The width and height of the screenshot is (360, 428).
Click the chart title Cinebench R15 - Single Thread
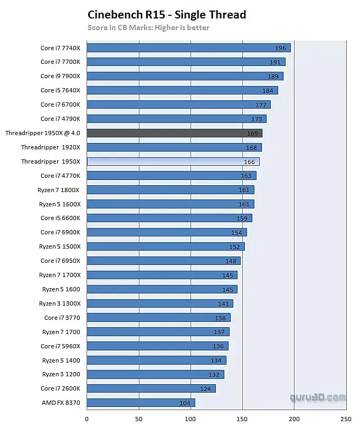coord(167,14)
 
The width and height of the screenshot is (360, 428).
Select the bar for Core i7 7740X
coord(188,48)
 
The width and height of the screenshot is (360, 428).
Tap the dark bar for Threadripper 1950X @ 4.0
coord(174,133)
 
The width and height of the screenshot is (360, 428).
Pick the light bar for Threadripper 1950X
coord(173,161)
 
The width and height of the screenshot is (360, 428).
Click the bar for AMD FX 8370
coord(140,403)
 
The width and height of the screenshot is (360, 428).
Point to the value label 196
coord(280,48)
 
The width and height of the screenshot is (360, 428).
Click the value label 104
coord(185,403)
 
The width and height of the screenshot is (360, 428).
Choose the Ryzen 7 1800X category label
coord(60,189)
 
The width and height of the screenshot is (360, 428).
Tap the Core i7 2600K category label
coord(60,388)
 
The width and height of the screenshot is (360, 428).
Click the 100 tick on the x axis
coord(191,420)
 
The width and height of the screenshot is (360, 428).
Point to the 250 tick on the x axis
coord(346,420)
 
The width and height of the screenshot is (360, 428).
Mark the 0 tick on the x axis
coord(87,420)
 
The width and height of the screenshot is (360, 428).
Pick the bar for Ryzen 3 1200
coord(155,374)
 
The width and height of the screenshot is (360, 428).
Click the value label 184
coord(268,90)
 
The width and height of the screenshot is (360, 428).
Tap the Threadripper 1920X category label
coord(51,147)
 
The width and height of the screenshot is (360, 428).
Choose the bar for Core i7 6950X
coord(163,261)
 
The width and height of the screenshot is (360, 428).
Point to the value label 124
coord(205,388)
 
